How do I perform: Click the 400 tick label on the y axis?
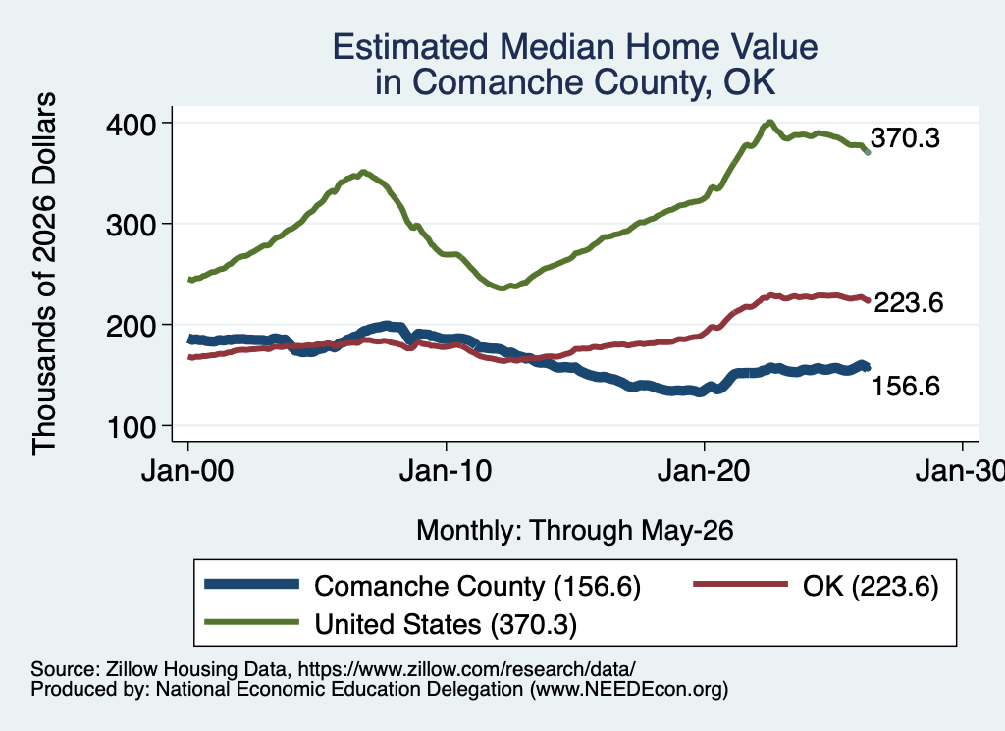pyautogui.click(x=131, y=125)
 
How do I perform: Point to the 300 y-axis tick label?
pyautogui.click(x=131, y=225)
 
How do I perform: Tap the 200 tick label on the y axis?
pyautogui.click(x=131, y=326)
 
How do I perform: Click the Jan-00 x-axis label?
pyautogui.click(x=187, y=471)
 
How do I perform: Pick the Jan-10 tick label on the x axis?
pyautogui.click(x=446, y=471)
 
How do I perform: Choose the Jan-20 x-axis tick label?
pyautogui.click(x=704, y=471)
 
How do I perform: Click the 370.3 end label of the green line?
pyautogui.click(x=905, y=137)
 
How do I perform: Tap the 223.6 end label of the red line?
pyautogui.click(x=908, y=302)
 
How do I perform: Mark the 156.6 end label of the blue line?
pyautogui.click(x=906, y=386)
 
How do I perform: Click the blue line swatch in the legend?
pyautogui.click(x=252, y=584)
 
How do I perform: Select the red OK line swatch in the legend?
pyautogui.click(x=741, y=584)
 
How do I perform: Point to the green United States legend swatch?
pyautogui.click(x=252, y=622)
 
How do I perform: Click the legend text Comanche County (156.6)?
pyautogui.click(x=478, y=586)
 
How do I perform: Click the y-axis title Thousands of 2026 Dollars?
pyautogui.click(x=44, y=274)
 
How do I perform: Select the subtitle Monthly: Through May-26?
pyautogui.click(x=575, y=531)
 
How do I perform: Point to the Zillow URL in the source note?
pyautogui.click(x=466, y=669)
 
